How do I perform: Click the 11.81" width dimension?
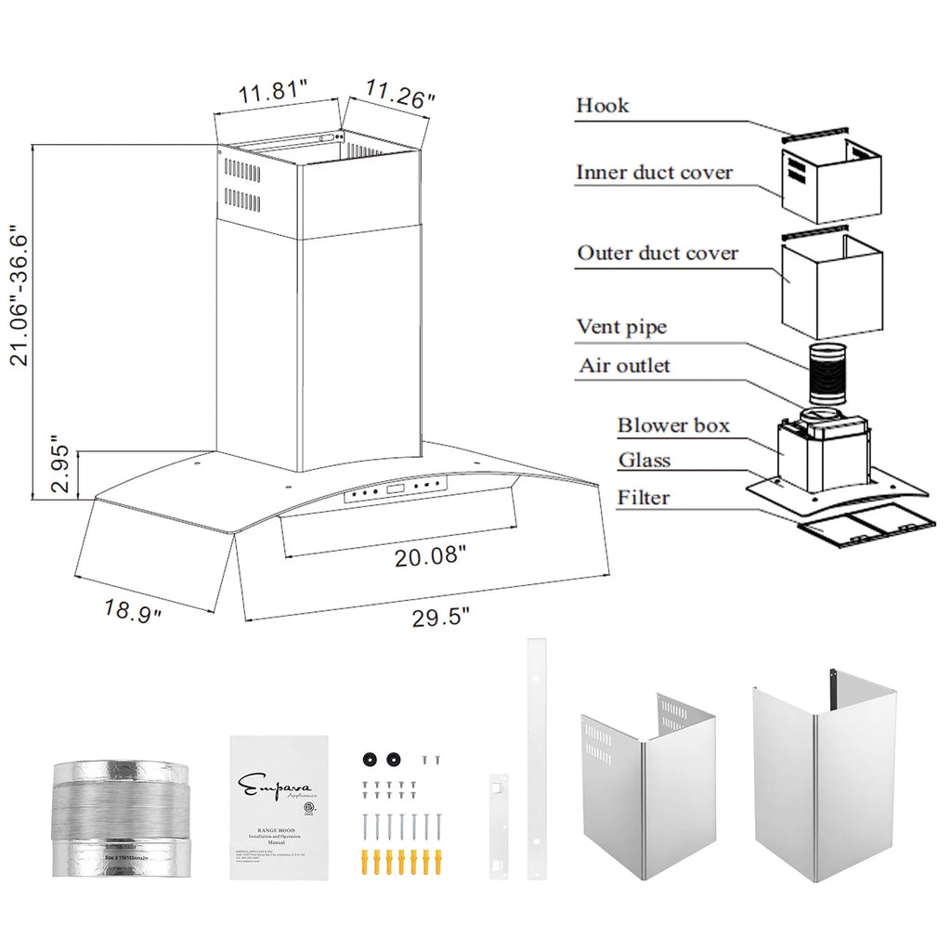click(273, 92)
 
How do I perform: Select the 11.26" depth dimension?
click(399, 95)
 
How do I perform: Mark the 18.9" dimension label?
click(134, 610)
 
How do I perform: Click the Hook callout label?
click(602, 105)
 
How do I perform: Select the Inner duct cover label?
click(654, 173)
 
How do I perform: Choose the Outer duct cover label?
click(658, 253)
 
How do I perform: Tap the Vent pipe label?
click(621, 327)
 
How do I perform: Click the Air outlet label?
click(623, 366)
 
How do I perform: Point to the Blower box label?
click(673, 426)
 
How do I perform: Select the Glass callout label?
click(644, 461)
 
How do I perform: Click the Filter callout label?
click(643, 498)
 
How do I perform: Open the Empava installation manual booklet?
click(279, 808)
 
